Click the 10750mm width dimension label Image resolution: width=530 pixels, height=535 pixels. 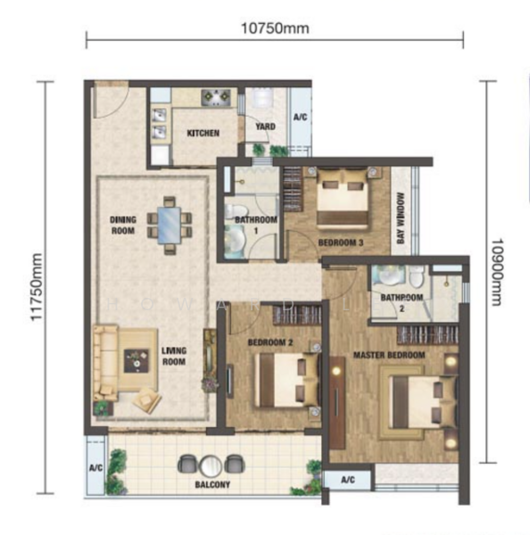274,28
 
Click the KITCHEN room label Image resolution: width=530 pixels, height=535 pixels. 203,134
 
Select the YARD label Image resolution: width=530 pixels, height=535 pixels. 265,127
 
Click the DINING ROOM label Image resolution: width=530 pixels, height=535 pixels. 122,224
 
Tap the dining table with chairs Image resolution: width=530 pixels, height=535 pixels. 169,219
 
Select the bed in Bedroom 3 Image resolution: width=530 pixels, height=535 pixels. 344,200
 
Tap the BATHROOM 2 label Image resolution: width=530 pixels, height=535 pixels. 402,303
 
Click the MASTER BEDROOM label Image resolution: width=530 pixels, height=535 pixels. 388,355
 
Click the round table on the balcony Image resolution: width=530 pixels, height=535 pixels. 211,464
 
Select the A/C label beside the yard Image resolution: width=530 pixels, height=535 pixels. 299,117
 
